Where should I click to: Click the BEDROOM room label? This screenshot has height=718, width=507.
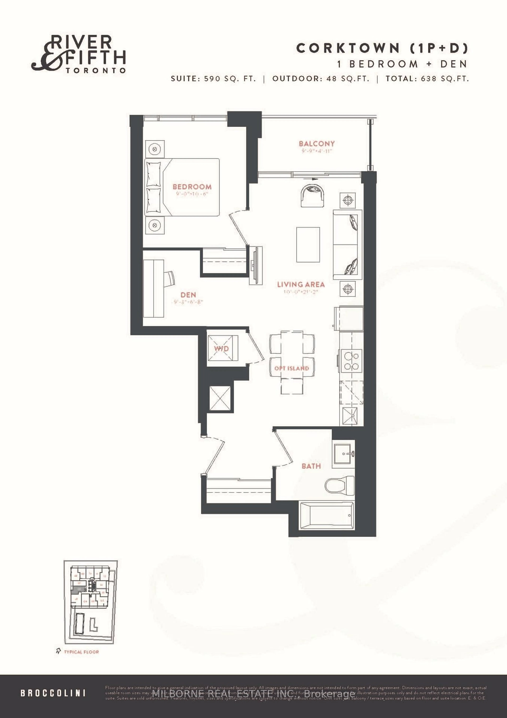192,187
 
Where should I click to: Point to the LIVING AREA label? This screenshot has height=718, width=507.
301,284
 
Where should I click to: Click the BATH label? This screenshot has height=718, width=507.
311,466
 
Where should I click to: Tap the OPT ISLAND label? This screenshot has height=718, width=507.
291,368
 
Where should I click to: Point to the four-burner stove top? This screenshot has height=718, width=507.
351,361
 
